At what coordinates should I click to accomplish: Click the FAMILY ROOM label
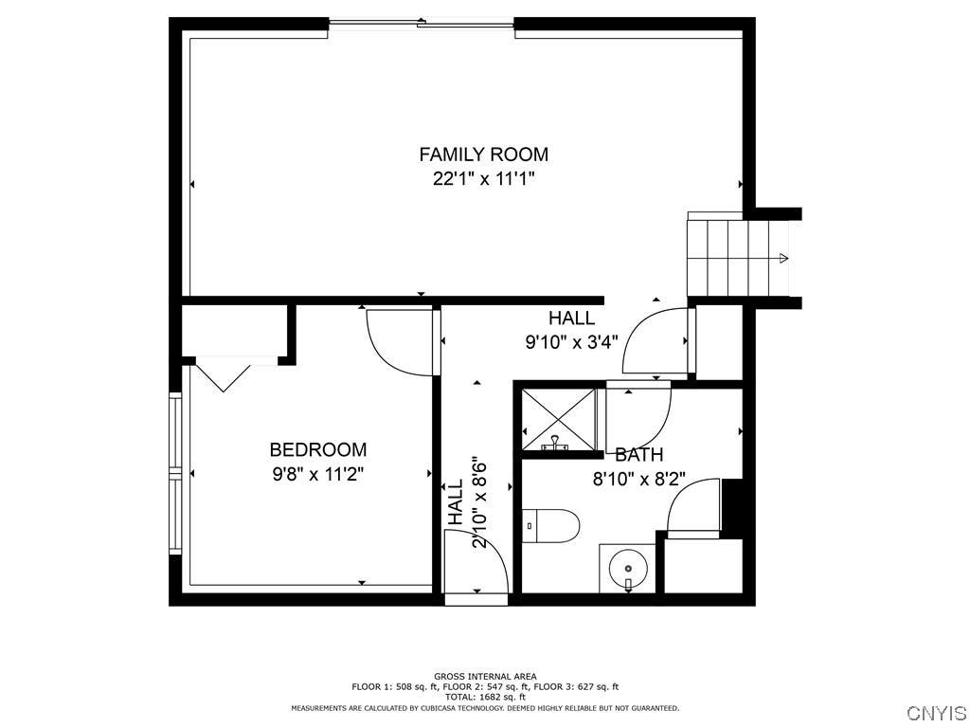point(484,155)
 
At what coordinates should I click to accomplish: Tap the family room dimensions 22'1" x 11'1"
point(484,179)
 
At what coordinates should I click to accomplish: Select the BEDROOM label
point(318,449)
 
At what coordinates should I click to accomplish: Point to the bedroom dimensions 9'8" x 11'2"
point(318,474)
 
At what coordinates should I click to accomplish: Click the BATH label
point(639,455)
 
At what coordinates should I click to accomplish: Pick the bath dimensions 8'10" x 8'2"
point(639,480)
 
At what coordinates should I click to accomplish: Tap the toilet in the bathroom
point(550,525)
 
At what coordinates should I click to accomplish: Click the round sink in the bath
point(627,569)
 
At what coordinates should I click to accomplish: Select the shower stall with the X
point(559,419)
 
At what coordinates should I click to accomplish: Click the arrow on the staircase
point(783,258)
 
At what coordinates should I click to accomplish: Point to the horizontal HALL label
point(571,318)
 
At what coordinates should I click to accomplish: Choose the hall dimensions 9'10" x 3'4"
point(571,342)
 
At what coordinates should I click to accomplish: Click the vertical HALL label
point(456,502)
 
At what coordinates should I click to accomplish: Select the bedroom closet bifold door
point(224,373)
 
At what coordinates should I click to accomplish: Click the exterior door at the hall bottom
point(476,599)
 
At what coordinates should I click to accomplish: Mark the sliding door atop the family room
point(422,24)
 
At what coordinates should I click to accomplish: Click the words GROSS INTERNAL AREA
point(485,677)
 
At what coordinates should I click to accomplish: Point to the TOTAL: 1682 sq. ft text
point(485,697)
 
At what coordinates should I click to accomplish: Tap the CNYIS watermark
point(935,713)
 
